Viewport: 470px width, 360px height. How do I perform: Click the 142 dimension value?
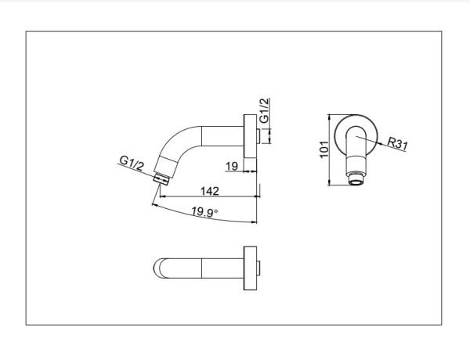[x=210, y=189]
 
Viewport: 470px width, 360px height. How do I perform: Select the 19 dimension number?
[x=231, y=166]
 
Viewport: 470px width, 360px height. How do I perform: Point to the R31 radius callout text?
[x=399, y=142]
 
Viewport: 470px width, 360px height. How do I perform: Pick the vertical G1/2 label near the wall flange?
[x=264, y=113]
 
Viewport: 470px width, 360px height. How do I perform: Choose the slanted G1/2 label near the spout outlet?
[x=132, y=163]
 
